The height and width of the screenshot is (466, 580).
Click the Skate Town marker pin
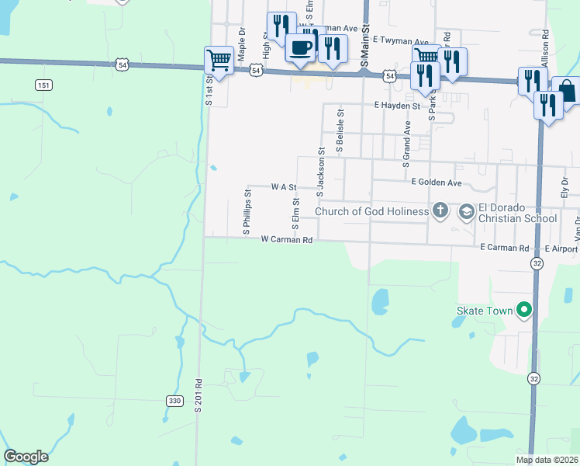pyautogui.click(x=524, y=311)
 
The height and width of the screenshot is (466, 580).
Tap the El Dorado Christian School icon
pyautogui.click(x=467, y=210)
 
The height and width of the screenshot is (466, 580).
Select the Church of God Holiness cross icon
pyautogui.click(x=440, y=210)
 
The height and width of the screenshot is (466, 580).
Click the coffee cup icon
pyautogui.click(x=301, y=48)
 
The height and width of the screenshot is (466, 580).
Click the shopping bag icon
pyautogui.click(x=567, y=91)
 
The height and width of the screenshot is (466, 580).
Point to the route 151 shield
pyautogui.click(x=43, y=85)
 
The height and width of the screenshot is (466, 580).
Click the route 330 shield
pyautogui.click(x=174, y=400)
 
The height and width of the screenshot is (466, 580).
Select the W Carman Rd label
pyautogui.click(x=287, y=240)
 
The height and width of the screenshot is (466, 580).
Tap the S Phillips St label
pyautogui.click(x=247, y=212)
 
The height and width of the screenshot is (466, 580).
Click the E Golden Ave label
pyautogui.click(x=436, y=183)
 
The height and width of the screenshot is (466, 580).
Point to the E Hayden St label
pyautogui.click(x=396, y=105)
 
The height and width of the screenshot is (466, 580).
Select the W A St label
pyautogui.click(x=284, y=187)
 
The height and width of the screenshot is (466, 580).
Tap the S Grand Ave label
pyautogui.click(x=405, y=144)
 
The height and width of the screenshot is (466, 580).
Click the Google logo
pyautogui.click(x=26, y=457)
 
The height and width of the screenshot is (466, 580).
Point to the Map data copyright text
pyautogui.click(x=547, y=460)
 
